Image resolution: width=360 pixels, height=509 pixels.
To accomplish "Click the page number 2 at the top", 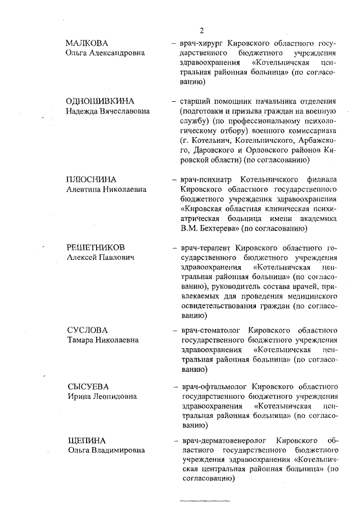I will [201, 30].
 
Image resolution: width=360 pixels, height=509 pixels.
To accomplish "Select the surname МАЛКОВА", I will [87, 43].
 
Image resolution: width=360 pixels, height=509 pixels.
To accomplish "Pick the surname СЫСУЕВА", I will [88, 387].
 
